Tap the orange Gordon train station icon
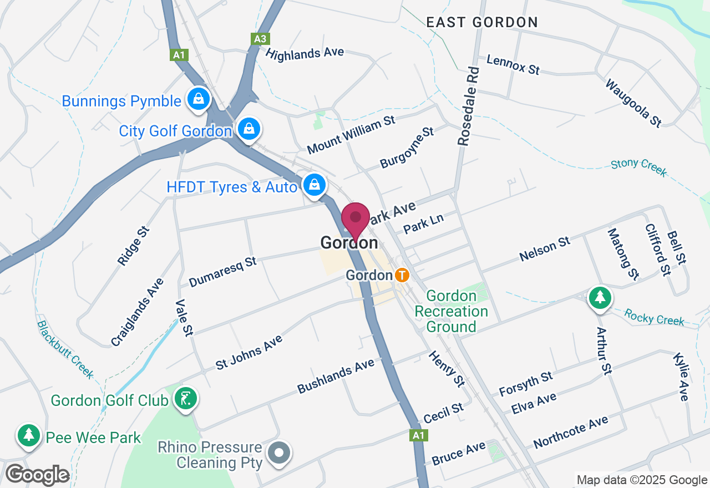pos(402,274)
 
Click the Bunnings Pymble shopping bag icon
pos(197,100)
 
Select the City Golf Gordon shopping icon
pos(250,129)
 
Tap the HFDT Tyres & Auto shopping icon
pos(315,185)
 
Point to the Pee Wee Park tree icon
pos(28,436)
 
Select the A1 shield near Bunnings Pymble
pos(179,55)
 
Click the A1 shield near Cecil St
pos(419,436)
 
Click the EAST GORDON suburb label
pos(481,22)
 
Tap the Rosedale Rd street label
pos(468,106)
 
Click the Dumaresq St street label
pos(222,271)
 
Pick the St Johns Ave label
pos(249,352)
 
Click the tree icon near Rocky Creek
pos(600,298)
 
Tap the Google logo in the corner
pos(37,475)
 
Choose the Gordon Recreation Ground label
pos(451,311)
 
